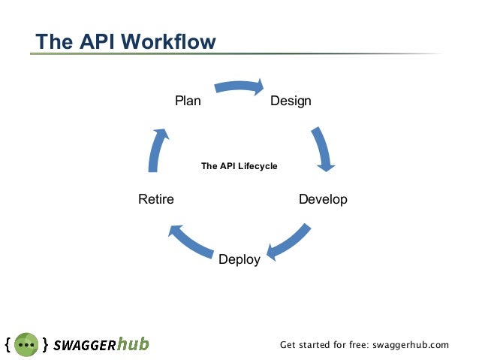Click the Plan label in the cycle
[x=188, y=100]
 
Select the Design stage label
[x=291, y=100]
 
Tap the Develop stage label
[x=323, y=199]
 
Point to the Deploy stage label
[x=239, y=259]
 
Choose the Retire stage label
[x=156, y=199]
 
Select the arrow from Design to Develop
[x=324, y=148]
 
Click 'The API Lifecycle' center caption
[x=239, y=165]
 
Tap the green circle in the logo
[x=26, y=344]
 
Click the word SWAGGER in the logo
[x=83, y=345]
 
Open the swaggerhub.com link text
[x=410, y=345]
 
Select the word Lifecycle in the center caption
[x=258, y=165]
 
